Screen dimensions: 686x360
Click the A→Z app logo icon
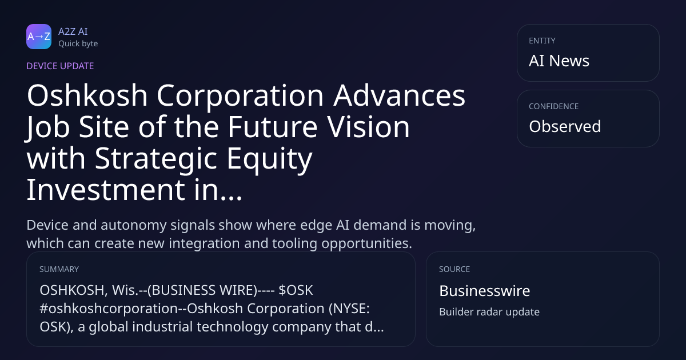(39, 37)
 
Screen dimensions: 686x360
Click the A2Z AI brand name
(73, 31)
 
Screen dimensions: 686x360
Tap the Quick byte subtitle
(78, 44)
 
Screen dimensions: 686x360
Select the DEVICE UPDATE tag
(60, 66)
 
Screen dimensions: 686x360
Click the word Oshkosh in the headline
(87, 95)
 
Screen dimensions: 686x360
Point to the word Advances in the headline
(400, 95)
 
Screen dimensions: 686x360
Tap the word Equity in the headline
(269, 159)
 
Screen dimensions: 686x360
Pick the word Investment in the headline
(106, 190)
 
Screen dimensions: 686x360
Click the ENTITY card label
(542, 41)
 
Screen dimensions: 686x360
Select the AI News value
(559, 61)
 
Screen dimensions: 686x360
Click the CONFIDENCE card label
(554, 106)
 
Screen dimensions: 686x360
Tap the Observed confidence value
(565, 126)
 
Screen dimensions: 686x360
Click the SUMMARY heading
(59, 269)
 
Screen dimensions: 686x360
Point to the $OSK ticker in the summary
(296, 290)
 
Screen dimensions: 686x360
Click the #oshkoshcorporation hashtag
(109, 309)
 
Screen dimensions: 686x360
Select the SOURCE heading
(454, 269)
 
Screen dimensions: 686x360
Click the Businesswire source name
(485, 291)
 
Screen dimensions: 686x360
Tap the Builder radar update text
(489, 312)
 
